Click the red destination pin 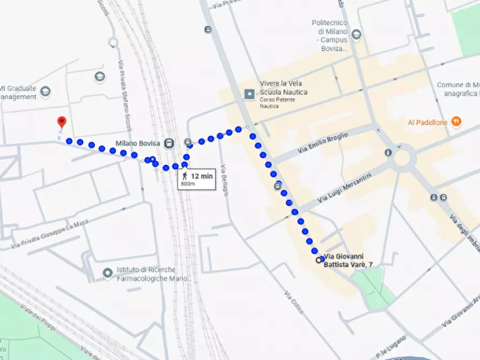coord(61,122)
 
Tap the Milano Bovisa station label coord(139,143)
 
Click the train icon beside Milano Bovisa coord(169,143)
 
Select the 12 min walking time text coord(202,176)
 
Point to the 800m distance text coord(188,184)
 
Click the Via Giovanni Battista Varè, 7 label coord(349,261)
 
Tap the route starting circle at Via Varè coord(319,260)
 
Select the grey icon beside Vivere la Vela coord(249,95)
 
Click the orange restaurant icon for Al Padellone coord(456,122)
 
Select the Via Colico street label coord(294,302)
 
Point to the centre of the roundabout coord(404,158)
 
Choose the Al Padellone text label coord(427,123)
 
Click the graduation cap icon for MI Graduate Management coord(45,90)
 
